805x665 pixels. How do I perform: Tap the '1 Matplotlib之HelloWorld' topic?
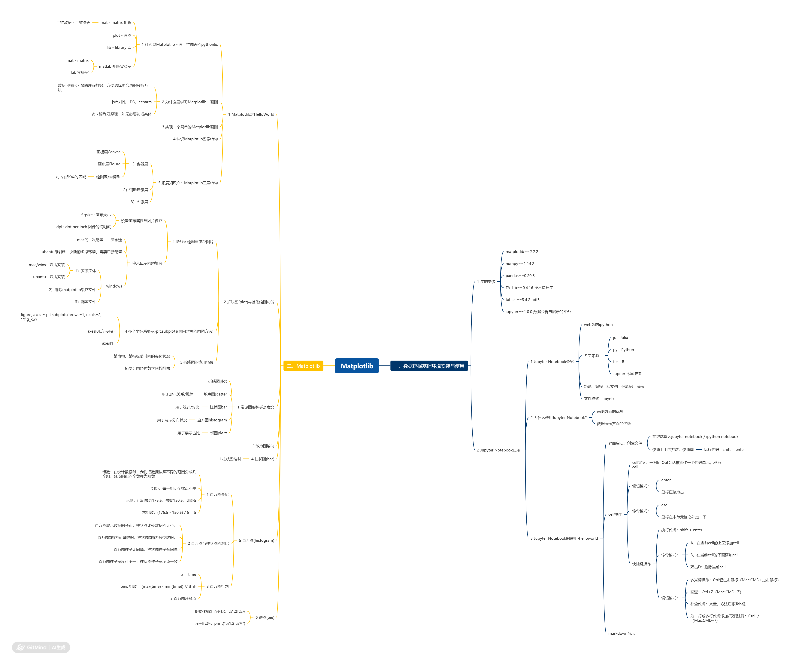pos(251,114)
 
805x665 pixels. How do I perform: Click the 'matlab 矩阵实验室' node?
pos(115,66)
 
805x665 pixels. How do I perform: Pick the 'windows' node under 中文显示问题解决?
pos(114,286)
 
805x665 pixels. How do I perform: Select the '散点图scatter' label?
pos(215,394)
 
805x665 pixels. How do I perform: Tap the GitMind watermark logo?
pos(41,647)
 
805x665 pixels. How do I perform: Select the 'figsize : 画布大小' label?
pos(96,215)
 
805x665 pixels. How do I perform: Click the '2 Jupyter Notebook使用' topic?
pos(498,450)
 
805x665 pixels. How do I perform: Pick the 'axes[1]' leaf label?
pos(108,343)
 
